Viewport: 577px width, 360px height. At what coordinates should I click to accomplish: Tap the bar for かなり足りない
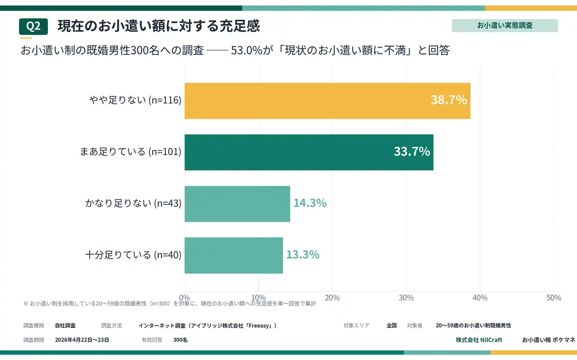pos(237,204)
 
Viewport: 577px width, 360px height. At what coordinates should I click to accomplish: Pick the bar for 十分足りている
pos(234,255)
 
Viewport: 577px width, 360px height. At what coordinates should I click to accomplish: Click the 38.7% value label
pos(449,100)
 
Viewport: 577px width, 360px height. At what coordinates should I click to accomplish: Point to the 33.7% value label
pos(412,152)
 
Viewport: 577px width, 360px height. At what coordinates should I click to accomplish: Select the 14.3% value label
pos(310,203)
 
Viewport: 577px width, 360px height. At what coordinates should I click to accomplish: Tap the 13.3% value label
pos(302,255)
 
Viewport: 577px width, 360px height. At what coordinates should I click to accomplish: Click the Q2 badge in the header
pos(33,27)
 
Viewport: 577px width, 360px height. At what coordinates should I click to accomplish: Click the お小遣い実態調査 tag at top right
pos(504,25)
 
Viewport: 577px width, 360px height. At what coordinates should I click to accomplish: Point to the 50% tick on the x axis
pos(554,298)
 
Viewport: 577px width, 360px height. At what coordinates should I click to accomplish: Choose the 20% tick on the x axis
pos(332,298)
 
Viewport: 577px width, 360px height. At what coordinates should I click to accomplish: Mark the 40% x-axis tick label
pos(480,298)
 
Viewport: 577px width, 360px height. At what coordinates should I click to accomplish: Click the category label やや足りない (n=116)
pos(135,100)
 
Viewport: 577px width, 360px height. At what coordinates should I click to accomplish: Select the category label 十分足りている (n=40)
pos(133,255)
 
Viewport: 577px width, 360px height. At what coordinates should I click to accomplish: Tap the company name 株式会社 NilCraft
pos(479,340)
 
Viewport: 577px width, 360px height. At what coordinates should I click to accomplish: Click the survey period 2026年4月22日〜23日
pos(82,340)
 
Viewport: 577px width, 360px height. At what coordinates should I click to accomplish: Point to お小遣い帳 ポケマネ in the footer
pos(548,340)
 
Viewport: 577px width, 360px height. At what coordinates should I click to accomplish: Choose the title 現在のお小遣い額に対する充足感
pos(159,26)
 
